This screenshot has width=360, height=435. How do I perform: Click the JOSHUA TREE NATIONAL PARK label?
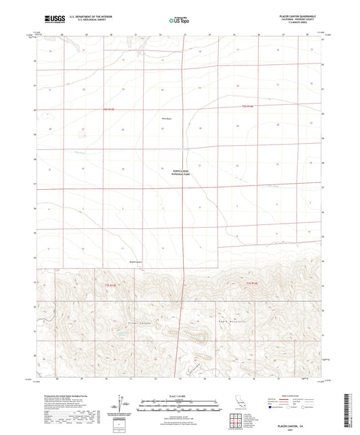click(180, 173)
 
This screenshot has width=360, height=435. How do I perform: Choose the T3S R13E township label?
click(111, 287)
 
